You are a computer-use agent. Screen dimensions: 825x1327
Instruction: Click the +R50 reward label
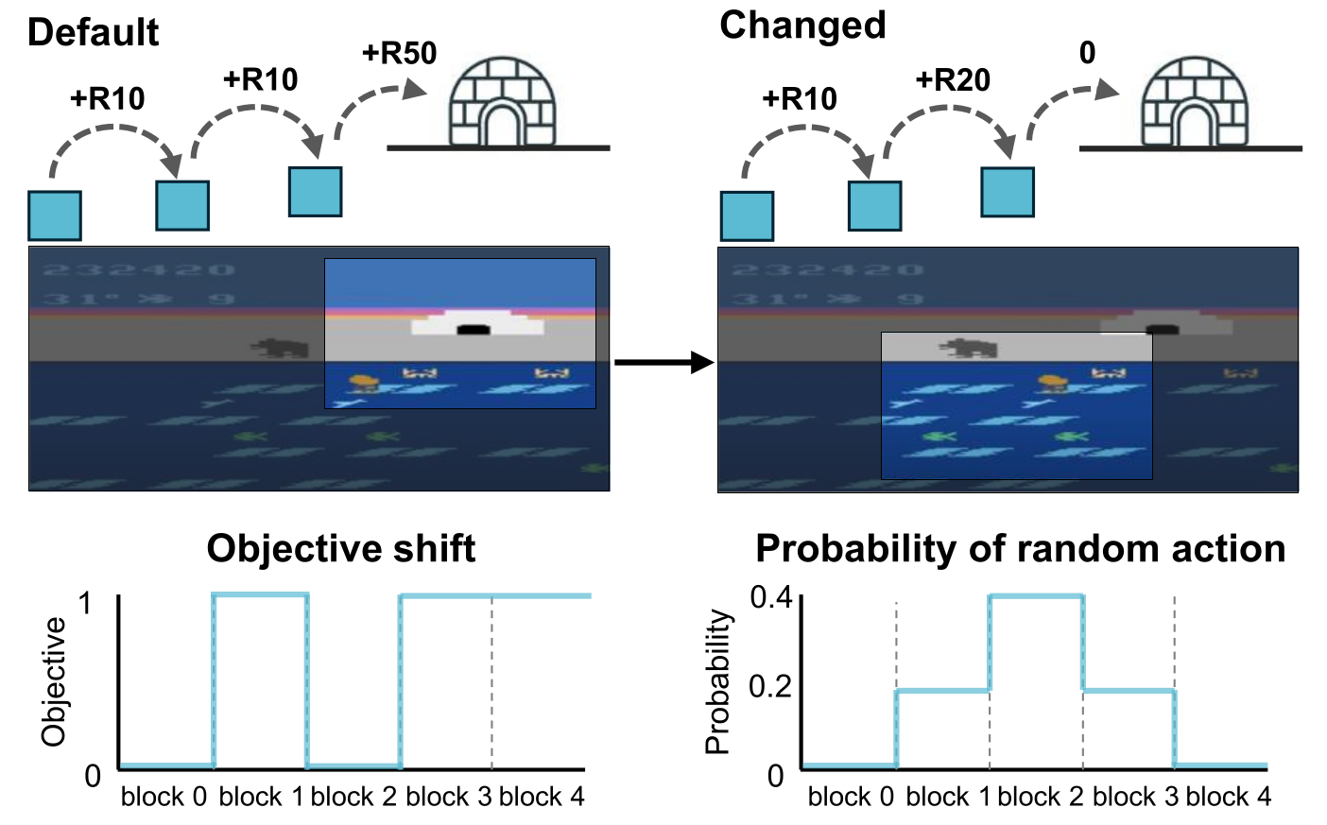pyautogui.click(x=399, y=53)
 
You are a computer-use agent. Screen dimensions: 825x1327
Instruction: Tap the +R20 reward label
pyautogui.click(x=953, y=80)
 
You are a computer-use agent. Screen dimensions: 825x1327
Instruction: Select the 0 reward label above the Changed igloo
pyautogui.click(x=1088, y=53)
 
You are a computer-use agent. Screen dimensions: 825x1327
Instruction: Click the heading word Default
pyautogui.click(x=93, y=32)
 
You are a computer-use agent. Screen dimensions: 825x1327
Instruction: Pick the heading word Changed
pyautogui.click(x=802, y=26)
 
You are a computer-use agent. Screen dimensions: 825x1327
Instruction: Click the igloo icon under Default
pyautogui.click(x=502, y=102)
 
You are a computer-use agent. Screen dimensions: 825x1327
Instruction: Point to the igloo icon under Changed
pyautogui.click(x=1195, y=102)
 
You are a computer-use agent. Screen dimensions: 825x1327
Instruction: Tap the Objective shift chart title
pyautogui.click(x=341, y=549)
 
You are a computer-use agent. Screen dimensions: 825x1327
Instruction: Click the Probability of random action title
pyautogui.click(x=1021, y=549)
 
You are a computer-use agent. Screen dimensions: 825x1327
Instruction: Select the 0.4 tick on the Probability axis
pyautogui.click(x=771, y=597)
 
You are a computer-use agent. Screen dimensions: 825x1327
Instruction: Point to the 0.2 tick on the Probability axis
pyautogui.click(x=771, y=686)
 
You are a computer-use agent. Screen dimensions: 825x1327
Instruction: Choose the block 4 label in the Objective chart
pyautogui.click(x=542, y=797)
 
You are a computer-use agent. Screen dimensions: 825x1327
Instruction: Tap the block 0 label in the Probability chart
pyautogui.click(x=851, y=797)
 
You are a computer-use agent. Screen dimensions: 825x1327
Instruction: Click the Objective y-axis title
pyautogui.click(x=54, y=681)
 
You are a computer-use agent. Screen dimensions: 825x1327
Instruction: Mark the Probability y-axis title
pyautogui.click(x=718, y=681)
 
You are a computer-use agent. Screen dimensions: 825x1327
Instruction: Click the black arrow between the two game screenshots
pyautogui.click(x=663, y=362)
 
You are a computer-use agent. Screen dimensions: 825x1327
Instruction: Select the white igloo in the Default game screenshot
pyautogui.click(x=477, y=323)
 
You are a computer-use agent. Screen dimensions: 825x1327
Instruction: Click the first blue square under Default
pyautogui.click(x=55, y=215)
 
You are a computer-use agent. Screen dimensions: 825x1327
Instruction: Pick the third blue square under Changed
pyautogui.click(x=1008, y=192)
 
